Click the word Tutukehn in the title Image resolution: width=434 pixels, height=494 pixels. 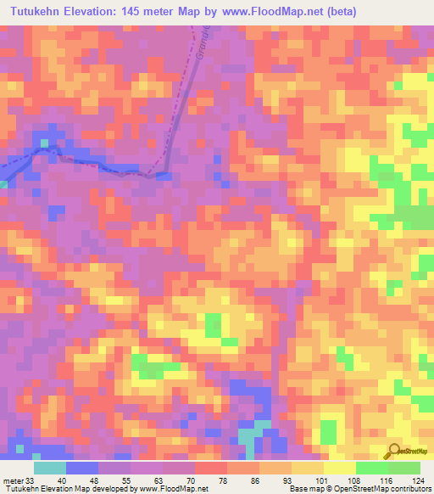pos(36,11)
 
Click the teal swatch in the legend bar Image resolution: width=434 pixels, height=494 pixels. pos(49,468)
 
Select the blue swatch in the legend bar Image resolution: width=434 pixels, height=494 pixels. pos(81,468)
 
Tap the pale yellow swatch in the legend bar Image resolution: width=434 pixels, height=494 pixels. pos(339,468)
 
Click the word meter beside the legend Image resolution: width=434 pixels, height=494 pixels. pos(13,480)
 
